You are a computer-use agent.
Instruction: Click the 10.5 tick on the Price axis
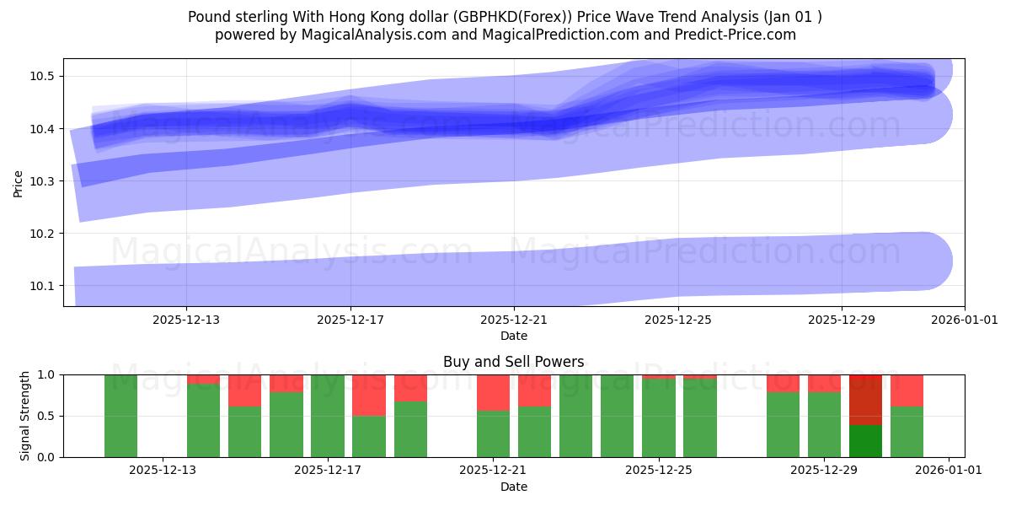coord(41,77)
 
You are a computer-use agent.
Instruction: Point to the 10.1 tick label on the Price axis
coord(41,286)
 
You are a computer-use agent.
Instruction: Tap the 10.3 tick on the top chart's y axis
coord(41,181)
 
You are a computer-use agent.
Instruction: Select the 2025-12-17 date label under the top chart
coord(350,320)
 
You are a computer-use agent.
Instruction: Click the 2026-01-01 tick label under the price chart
coord(964,320)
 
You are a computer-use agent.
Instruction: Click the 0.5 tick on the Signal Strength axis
coord(45,416)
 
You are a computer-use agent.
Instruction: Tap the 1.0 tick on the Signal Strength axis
coord(45,374)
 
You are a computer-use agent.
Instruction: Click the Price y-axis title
coord(19,182)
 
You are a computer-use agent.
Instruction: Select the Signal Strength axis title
coord(25,416)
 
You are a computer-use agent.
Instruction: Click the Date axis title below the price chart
coord(514,336)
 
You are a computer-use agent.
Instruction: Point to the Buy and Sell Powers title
coord(514,362)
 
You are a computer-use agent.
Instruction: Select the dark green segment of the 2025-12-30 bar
coord(865,441)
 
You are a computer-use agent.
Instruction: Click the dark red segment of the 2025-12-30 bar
coord(865,400)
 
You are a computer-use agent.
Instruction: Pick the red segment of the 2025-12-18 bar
coord(369,395)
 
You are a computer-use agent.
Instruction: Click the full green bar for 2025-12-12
coord(121,416)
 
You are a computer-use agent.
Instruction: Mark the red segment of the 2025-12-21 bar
coord(493,392)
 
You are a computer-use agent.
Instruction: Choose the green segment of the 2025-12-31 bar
coord(907,432)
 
